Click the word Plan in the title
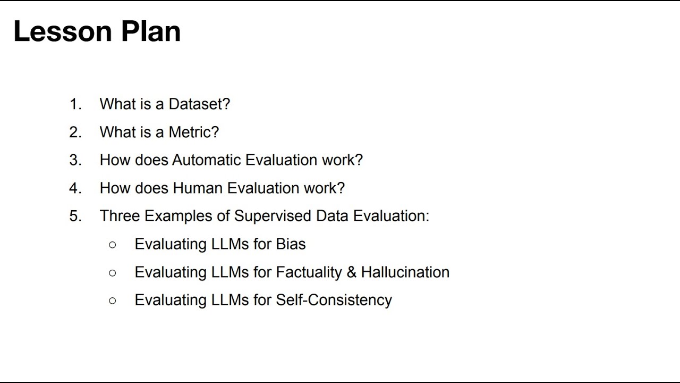151,31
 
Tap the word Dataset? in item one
199,104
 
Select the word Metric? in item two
194,132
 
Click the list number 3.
75,160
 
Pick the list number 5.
75,216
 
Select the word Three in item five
120,216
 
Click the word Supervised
273,216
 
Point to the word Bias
291,244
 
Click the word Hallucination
405,272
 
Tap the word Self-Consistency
334,300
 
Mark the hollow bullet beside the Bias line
112,245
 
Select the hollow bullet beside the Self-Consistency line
112,301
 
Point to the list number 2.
75,132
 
